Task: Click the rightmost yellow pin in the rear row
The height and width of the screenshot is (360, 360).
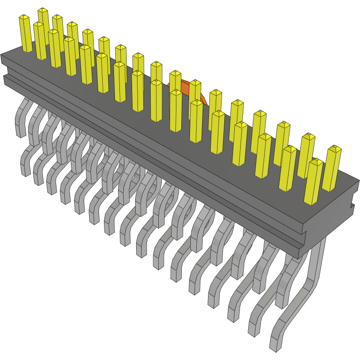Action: pos(332,167)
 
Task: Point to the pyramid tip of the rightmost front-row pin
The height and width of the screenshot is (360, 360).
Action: pos(316,160)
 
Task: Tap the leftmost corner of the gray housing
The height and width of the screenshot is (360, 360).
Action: pos(2,56)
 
